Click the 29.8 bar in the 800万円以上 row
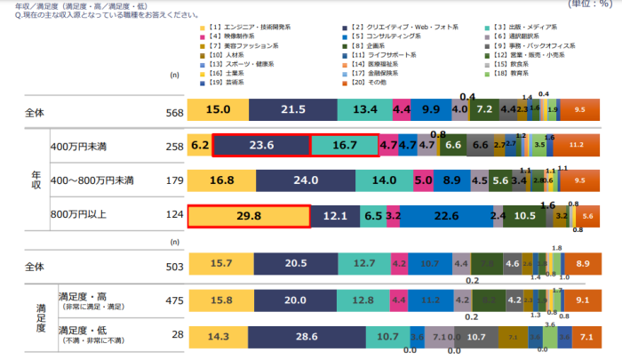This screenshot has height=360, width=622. (248, 216)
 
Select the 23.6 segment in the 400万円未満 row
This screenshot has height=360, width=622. (261, 145)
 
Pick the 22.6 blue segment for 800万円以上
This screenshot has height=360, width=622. (440, 216)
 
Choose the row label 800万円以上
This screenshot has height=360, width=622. (81, 216)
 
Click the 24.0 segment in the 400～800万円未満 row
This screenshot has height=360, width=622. (305, 180)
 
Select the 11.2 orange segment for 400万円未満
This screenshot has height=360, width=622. (575, 145)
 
